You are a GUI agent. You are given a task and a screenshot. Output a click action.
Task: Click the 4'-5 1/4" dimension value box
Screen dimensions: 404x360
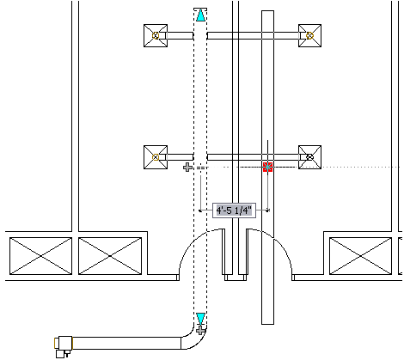coord(234,211)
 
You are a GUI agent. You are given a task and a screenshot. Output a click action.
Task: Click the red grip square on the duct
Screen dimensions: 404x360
coord(267,167)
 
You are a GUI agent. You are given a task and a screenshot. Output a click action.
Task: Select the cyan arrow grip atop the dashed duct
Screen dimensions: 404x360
coord(200,15)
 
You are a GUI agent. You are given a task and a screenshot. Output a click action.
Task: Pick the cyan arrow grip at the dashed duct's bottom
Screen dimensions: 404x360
coord(200,319)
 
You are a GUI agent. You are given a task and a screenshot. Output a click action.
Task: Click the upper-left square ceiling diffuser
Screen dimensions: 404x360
coord(156,36)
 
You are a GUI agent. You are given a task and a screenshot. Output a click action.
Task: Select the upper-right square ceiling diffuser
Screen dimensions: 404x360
coord(309,36)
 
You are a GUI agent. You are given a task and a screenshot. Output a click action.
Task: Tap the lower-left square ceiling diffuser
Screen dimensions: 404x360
coord(156,157)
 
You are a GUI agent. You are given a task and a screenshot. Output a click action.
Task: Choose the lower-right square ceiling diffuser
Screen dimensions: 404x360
coord(309,157)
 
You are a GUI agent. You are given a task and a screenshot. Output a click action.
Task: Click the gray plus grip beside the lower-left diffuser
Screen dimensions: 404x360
coord(187,168)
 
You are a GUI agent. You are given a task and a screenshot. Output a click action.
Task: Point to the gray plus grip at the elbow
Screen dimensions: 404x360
coord(201,330)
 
